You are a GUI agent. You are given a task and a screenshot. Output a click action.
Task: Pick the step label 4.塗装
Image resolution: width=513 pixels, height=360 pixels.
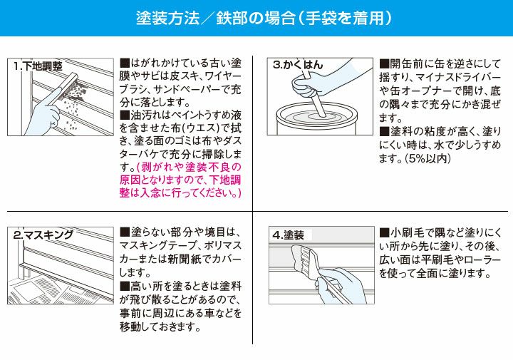click(289, 235)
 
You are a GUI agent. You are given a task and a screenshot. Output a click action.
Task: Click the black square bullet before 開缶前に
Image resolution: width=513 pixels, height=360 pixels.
click(384, 63)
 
